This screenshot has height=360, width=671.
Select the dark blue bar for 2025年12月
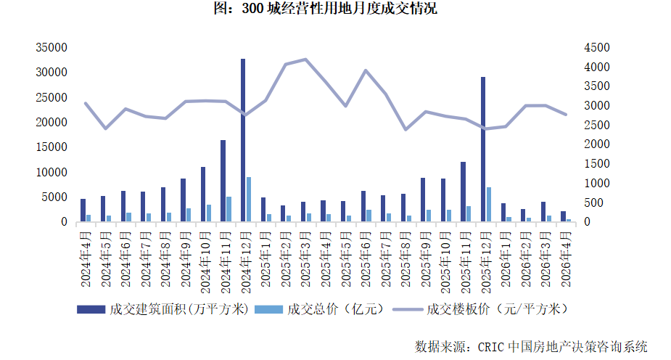tap(483, 149)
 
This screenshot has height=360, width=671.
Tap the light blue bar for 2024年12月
tap(249, 200)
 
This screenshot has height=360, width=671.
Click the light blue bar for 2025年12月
tap(489, 205)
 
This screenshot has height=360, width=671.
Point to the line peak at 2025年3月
tap(305, 60)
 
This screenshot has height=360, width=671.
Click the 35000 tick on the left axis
tap(52, 48)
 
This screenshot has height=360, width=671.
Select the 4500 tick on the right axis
tap(596, 48)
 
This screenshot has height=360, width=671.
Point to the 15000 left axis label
tap(52, 147)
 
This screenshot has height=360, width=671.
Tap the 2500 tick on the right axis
tap(596, 125)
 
